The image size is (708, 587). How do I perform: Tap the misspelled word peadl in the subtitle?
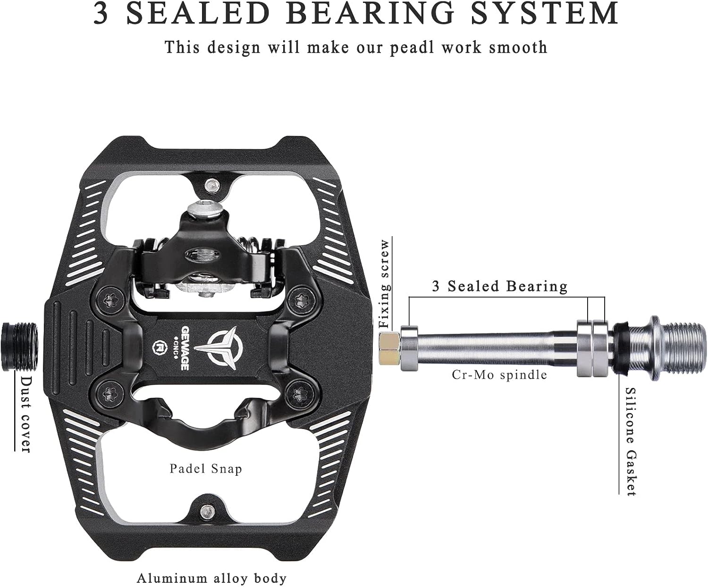412,48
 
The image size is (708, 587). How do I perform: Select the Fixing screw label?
385,283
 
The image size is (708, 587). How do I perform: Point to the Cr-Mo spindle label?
499,375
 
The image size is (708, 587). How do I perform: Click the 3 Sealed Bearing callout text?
500,286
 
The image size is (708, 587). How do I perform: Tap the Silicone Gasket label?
630,442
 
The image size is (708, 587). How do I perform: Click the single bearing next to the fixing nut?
409,348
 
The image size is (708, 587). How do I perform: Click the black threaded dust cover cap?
20,347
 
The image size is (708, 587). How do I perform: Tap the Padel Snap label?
206,469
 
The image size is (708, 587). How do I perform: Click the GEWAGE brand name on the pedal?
185,348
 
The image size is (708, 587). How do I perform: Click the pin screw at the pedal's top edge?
211,185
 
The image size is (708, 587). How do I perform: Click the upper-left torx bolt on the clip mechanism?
110,299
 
